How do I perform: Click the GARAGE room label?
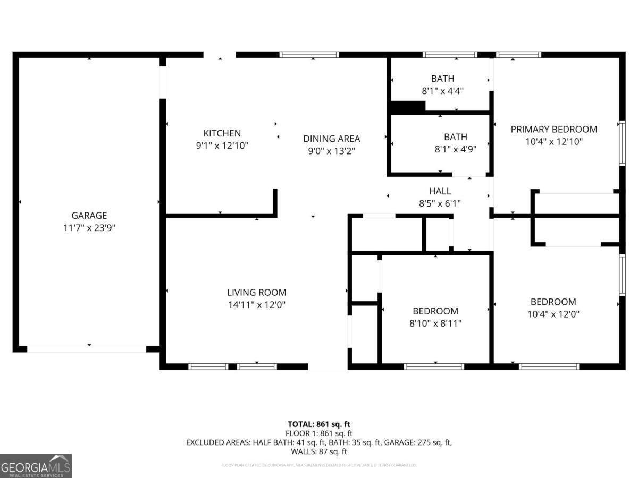pyautogui.click(x=89, y=215)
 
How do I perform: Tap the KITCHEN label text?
pyautogui.click(x=222, y=133)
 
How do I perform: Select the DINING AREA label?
pyautogui.click(x=331, y=139)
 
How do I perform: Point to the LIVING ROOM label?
pyautogui.click(x=256, y=292)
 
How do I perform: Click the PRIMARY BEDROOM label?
pyautogui.click(x=553, y=129)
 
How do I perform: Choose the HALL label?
pyautogui.click(x=440, y=191)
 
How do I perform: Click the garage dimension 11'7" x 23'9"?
pyautogui.click(x=89, y=228)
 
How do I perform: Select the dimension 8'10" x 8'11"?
pyautogui.click(x=435, y=323)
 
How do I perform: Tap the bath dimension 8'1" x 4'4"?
pyautogui.click(x=442, y=91)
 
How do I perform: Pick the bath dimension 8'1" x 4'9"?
pyautogui.click(x=455, y=149)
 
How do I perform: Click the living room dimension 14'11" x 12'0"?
pyautogui.click(x=256, y=305)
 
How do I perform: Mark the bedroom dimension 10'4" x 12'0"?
pyautogui.click(x=553, y=314)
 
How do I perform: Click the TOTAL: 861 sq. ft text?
pyautogui.click(x=319, y=424)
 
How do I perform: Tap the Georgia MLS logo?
pyautogui.click(x=36, y=466)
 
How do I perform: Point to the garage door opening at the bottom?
pyautogui.click(x=87, y=349)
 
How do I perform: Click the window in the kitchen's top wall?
pyautogui.click(x=309, y=54)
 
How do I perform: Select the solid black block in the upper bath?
pyautogui.click(x=408, y=107)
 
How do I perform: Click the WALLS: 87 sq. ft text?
pyautogui.click(x=319, y=451)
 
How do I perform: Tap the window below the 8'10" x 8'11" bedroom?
pyautogui.click(x=434, y=366)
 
